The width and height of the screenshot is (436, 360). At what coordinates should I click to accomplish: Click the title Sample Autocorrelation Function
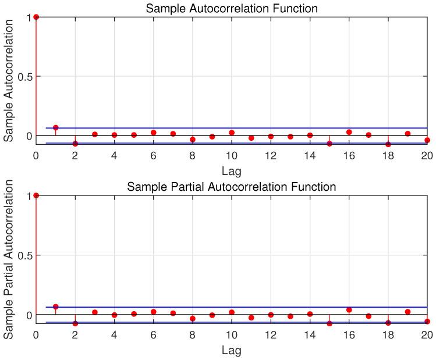(232, 8)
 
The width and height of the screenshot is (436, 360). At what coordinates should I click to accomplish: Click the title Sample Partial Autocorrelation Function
(232, 187)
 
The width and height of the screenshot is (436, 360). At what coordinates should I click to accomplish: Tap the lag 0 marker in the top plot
(36, 17)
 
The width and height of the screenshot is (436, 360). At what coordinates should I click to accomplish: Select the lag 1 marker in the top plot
(56, 127)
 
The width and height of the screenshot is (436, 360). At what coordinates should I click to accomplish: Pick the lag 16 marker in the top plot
(349, 132)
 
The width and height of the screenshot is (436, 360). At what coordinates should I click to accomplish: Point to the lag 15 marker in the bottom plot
(329, 323)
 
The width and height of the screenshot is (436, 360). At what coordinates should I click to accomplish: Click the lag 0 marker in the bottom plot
(36, 195)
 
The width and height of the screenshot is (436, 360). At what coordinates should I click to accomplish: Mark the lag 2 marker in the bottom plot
(75, 323)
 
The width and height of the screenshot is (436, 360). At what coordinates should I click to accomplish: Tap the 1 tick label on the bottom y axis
(28, 196)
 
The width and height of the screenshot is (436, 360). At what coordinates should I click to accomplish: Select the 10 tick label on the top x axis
(232, 156)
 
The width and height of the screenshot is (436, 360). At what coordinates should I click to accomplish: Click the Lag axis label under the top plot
(232, 171)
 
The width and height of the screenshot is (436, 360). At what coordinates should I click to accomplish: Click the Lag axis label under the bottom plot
(232, 350)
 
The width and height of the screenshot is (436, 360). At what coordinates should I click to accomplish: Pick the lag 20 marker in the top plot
(427, 140)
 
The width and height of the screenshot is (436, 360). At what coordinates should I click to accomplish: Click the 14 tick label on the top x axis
(310, 156)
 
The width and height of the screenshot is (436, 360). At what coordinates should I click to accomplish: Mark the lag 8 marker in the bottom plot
(193, 319)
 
